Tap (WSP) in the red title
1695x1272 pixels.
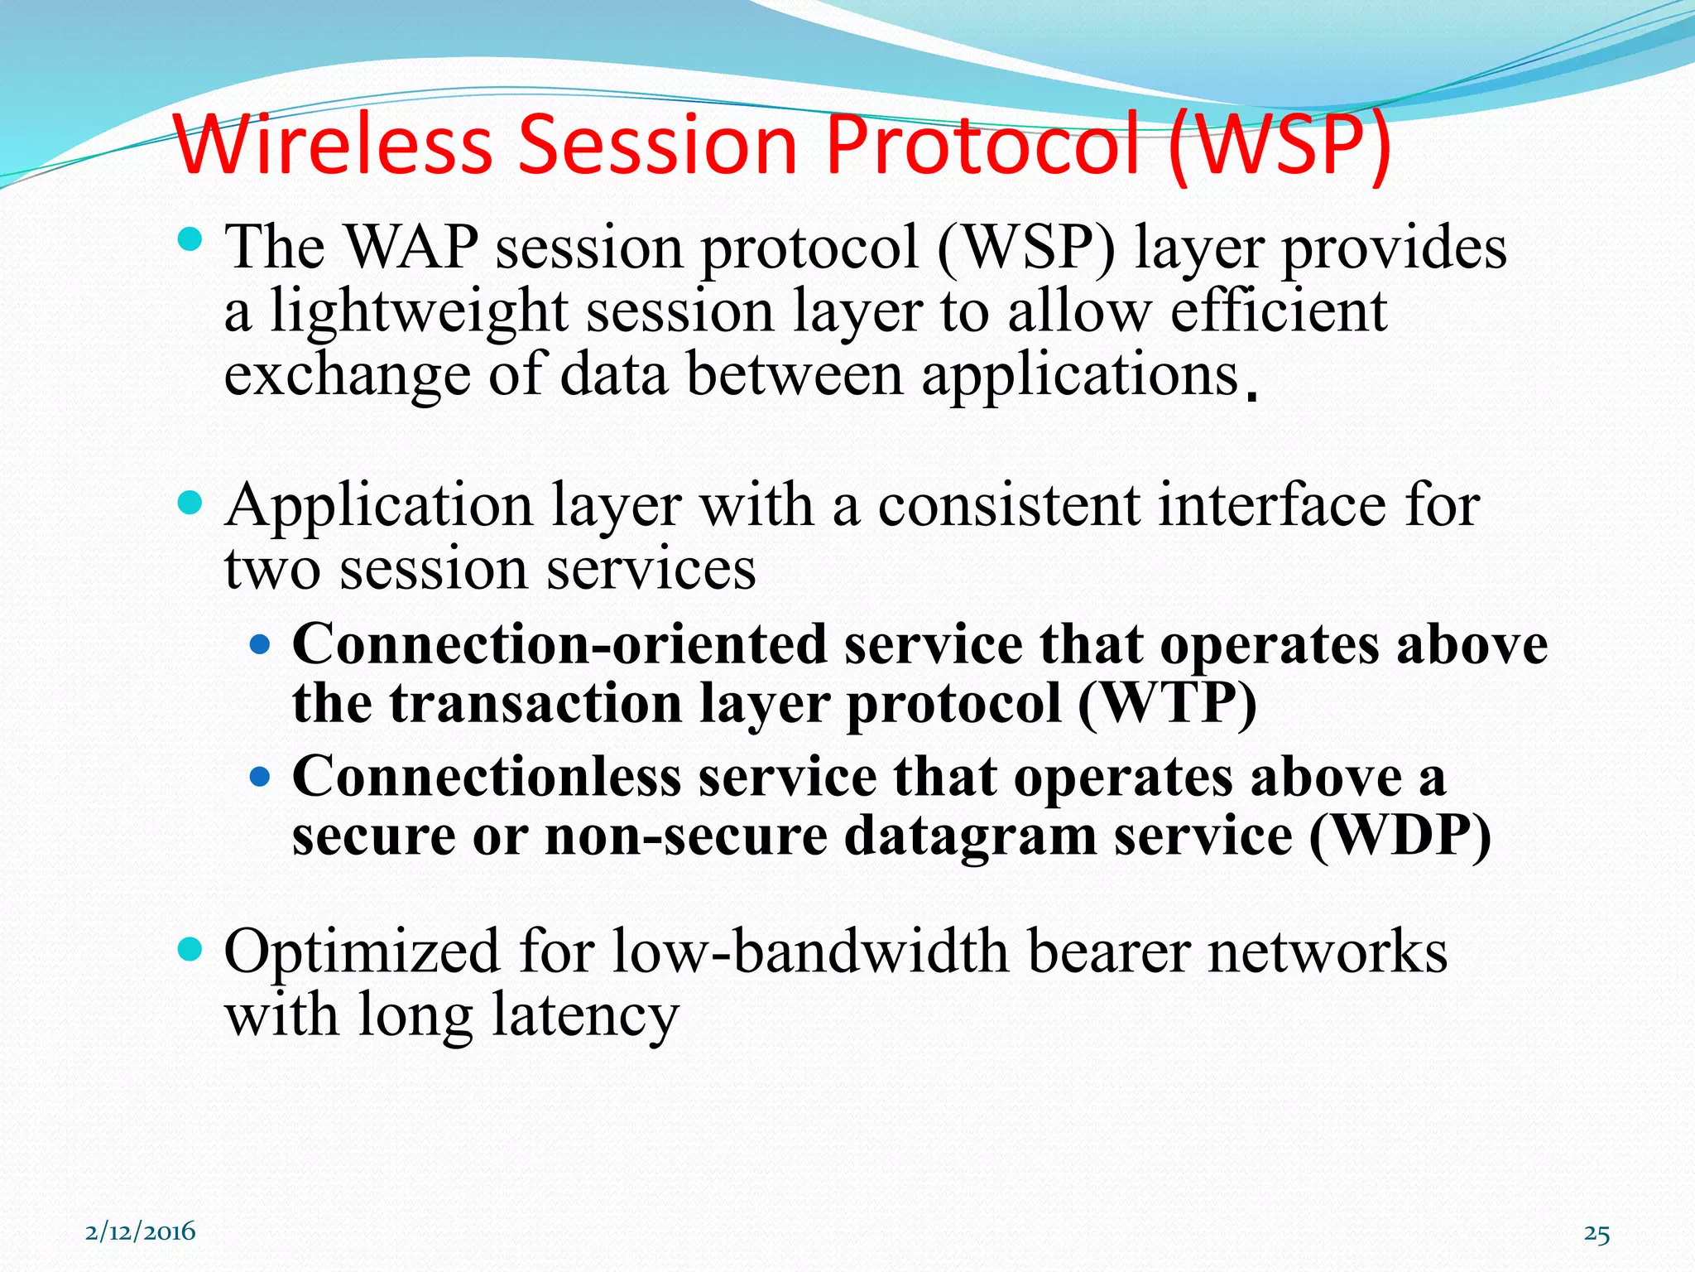[1280, 146]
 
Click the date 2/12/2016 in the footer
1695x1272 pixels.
[141, 1231]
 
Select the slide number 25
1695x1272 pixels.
[1597, 1234]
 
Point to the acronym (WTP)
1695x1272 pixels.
[1167, 704]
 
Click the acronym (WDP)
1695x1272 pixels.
[1400, 836]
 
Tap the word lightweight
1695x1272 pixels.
[419, 313]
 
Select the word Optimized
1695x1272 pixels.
[363, 952]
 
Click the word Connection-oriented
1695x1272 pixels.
[559, 644]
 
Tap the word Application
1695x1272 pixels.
[379, 506]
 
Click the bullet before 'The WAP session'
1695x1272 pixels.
[190, 241]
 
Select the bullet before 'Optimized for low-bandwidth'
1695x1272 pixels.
[190, 949]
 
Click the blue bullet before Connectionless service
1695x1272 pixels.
[260, 777]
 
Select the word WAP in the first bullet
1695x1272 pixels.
[411, 248]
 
